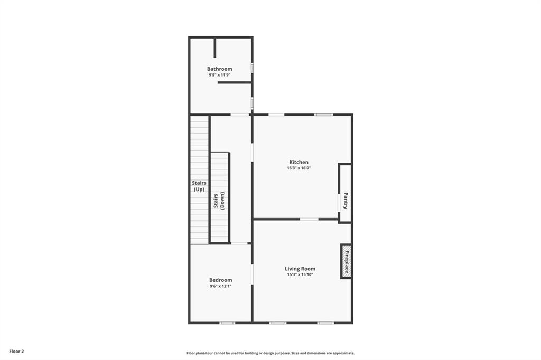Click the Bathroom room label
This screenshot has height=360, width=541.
[x=219, y=69]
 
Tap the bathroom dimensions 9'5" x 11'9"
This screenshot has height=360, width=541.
[x=219, y=75]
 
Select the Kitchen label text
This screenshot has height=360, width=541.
[x=299, y=162]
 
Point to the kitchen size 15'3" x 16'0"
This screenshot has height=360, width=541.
[x=299, y=168]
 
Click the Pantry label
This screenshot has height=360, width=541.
[x=346, y=200]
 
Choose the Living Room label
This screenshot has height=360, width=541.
[x=300, y=269]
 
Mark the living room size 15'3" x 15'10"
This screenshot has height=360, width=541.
[x=300, y=275]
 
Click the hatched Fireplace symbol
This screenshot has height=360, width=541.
[x=347, y=261]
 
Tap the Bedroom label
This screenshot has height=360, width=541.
[x=220, y=280]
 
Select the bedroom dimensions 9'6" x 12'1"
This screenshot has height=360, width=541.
[x=220, y=286]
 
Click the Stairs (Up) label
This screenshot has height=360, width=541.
[x=199, y=186]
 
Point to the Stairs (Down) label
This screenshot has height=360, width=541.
[x=219, y=201]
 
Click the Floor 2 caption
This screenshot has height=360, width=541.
[x=16, y=351]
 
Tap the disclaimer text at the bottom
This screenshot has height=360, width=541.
[x=270, y=353]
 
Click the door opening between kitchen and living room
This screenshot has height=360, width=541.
[x=309, y=219]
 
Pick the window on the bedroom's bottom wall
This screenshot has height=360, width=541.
[x=227, y=323]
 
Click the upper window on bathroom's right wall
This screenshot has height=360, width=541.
[x=252, y=68]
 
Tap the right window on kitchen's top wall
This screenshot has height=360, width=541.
[x=323, y=115]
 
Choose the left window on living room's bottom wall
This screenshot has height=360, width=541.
[x=277, y=323]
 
